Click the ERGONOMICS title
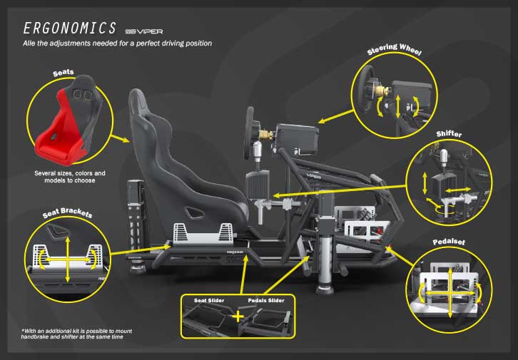tap(69, 28)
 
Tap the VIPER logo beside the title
tap(144, 31)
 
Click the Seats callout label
tap(64, 73)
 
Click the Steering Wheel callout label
tap(395, 49)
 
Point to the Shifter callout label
tap(449, 133)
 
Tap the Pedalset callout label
tap(449, 242)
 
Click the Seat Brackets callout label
tap(67, 213)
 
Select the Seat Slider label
tap(209, 300)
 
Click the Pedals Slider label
tap(266, 300)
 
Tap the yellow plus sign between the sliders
tap(238, 317)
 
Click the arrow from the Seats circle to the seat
tap(121, 138)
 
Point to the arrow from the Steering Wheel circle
tap(335, 117)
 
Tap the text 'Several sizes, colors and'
tap(70, 173)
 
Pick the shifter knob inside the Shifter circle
tap(445, 158)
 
